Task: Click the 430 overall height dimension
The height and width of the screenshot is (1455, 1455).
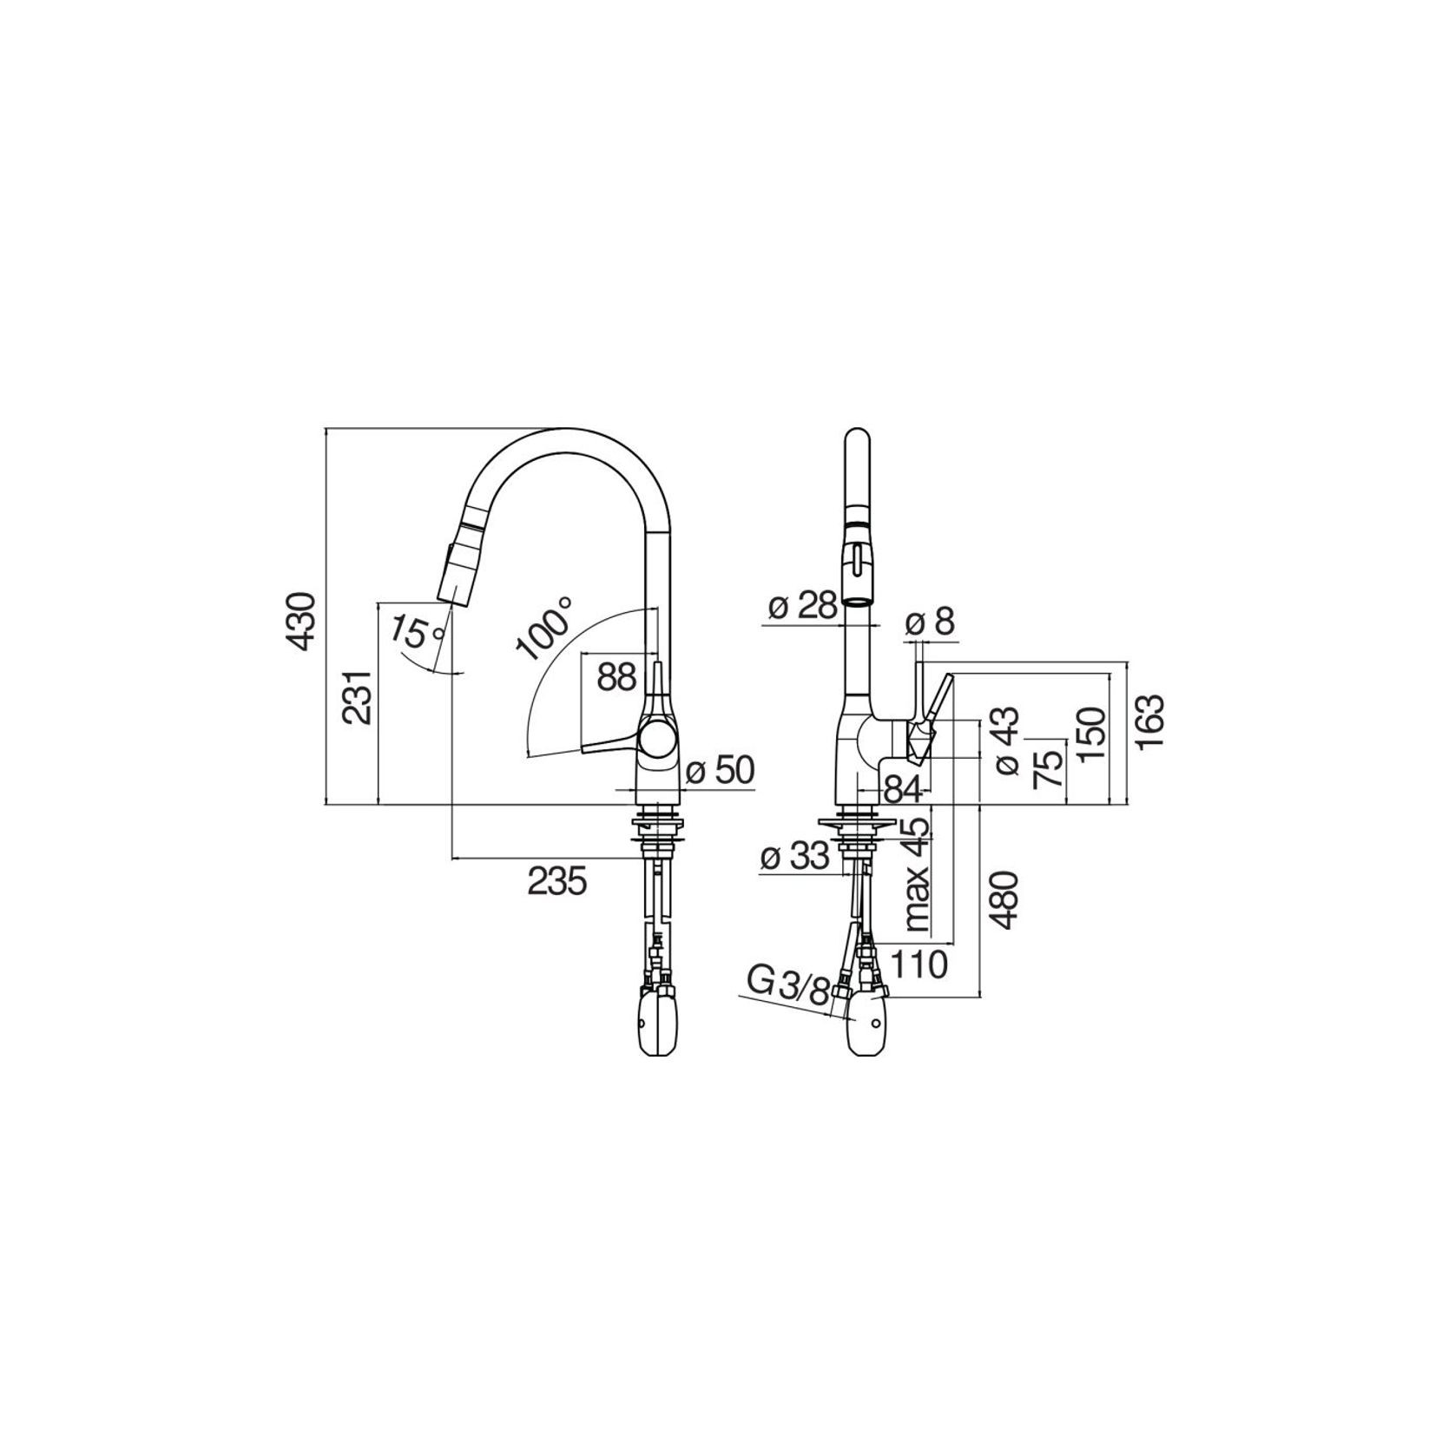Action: click(x=300, y=622)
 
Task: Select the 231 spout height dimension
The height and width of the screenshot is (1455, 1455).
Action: click(x=357, y=696)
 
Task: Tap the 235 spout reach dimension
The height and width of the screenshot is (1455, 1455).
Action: click(x=558, y=881)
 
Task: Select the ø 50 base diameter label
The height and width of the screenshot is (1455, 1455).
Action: click(x=720, y=770)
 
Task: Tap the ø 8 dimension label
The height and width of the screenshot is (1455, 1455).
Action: click(x=930, y=622)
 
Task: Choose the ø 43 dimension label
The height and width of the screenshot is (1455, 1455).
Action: click(x=1007, y=740)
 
